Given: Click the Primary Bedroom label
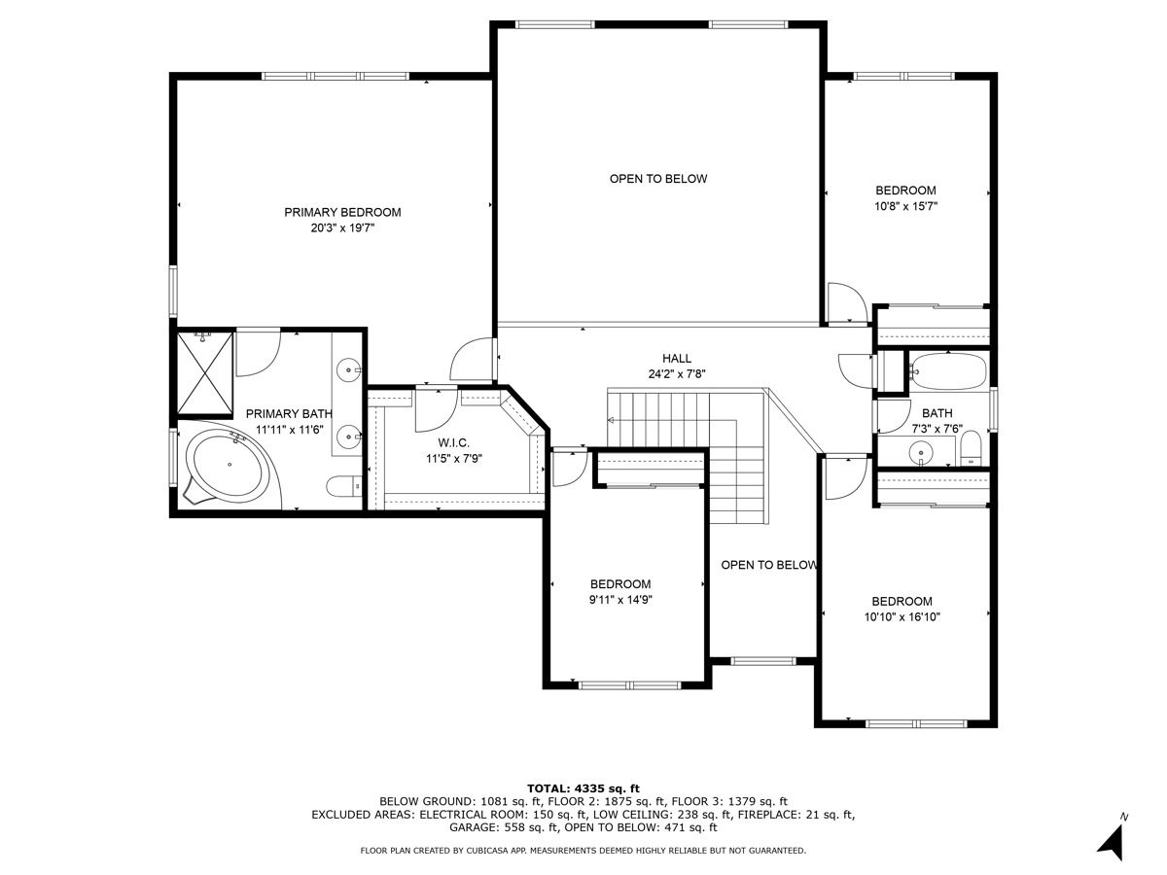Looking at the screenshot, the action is click(342, 213).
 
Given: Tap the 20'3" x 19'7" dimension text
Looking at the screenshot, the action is click(343, 228).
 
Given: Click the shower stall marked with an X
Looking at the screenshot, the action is click(204, 372).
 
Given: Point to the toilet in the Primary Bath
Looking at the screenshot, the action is click(343, 485).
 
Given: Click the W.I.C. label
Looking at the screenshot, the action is click(453, 442).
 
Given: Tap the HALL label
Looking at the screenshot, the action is click(677, 359).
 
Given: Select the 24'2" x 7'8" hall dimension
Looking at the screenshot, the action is click(677, 374).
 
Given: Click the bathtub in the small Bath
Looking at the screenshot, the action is click(948, 370).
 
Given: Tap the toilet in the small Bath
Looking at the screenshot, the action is click(971, 448).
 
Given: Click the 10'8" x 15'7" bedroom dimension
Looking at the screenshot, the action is click(906, 206).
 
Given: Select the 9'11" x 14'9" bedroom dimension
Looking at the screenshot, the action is click(620, 600).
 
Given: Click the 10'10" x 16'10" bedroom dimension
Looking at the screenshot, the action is click(902, 616).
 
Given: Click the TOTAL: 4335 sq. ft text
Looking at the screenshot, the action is click(583, 788).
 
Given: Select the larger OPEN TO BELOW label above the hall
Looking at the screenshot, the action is click(658, 179).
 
